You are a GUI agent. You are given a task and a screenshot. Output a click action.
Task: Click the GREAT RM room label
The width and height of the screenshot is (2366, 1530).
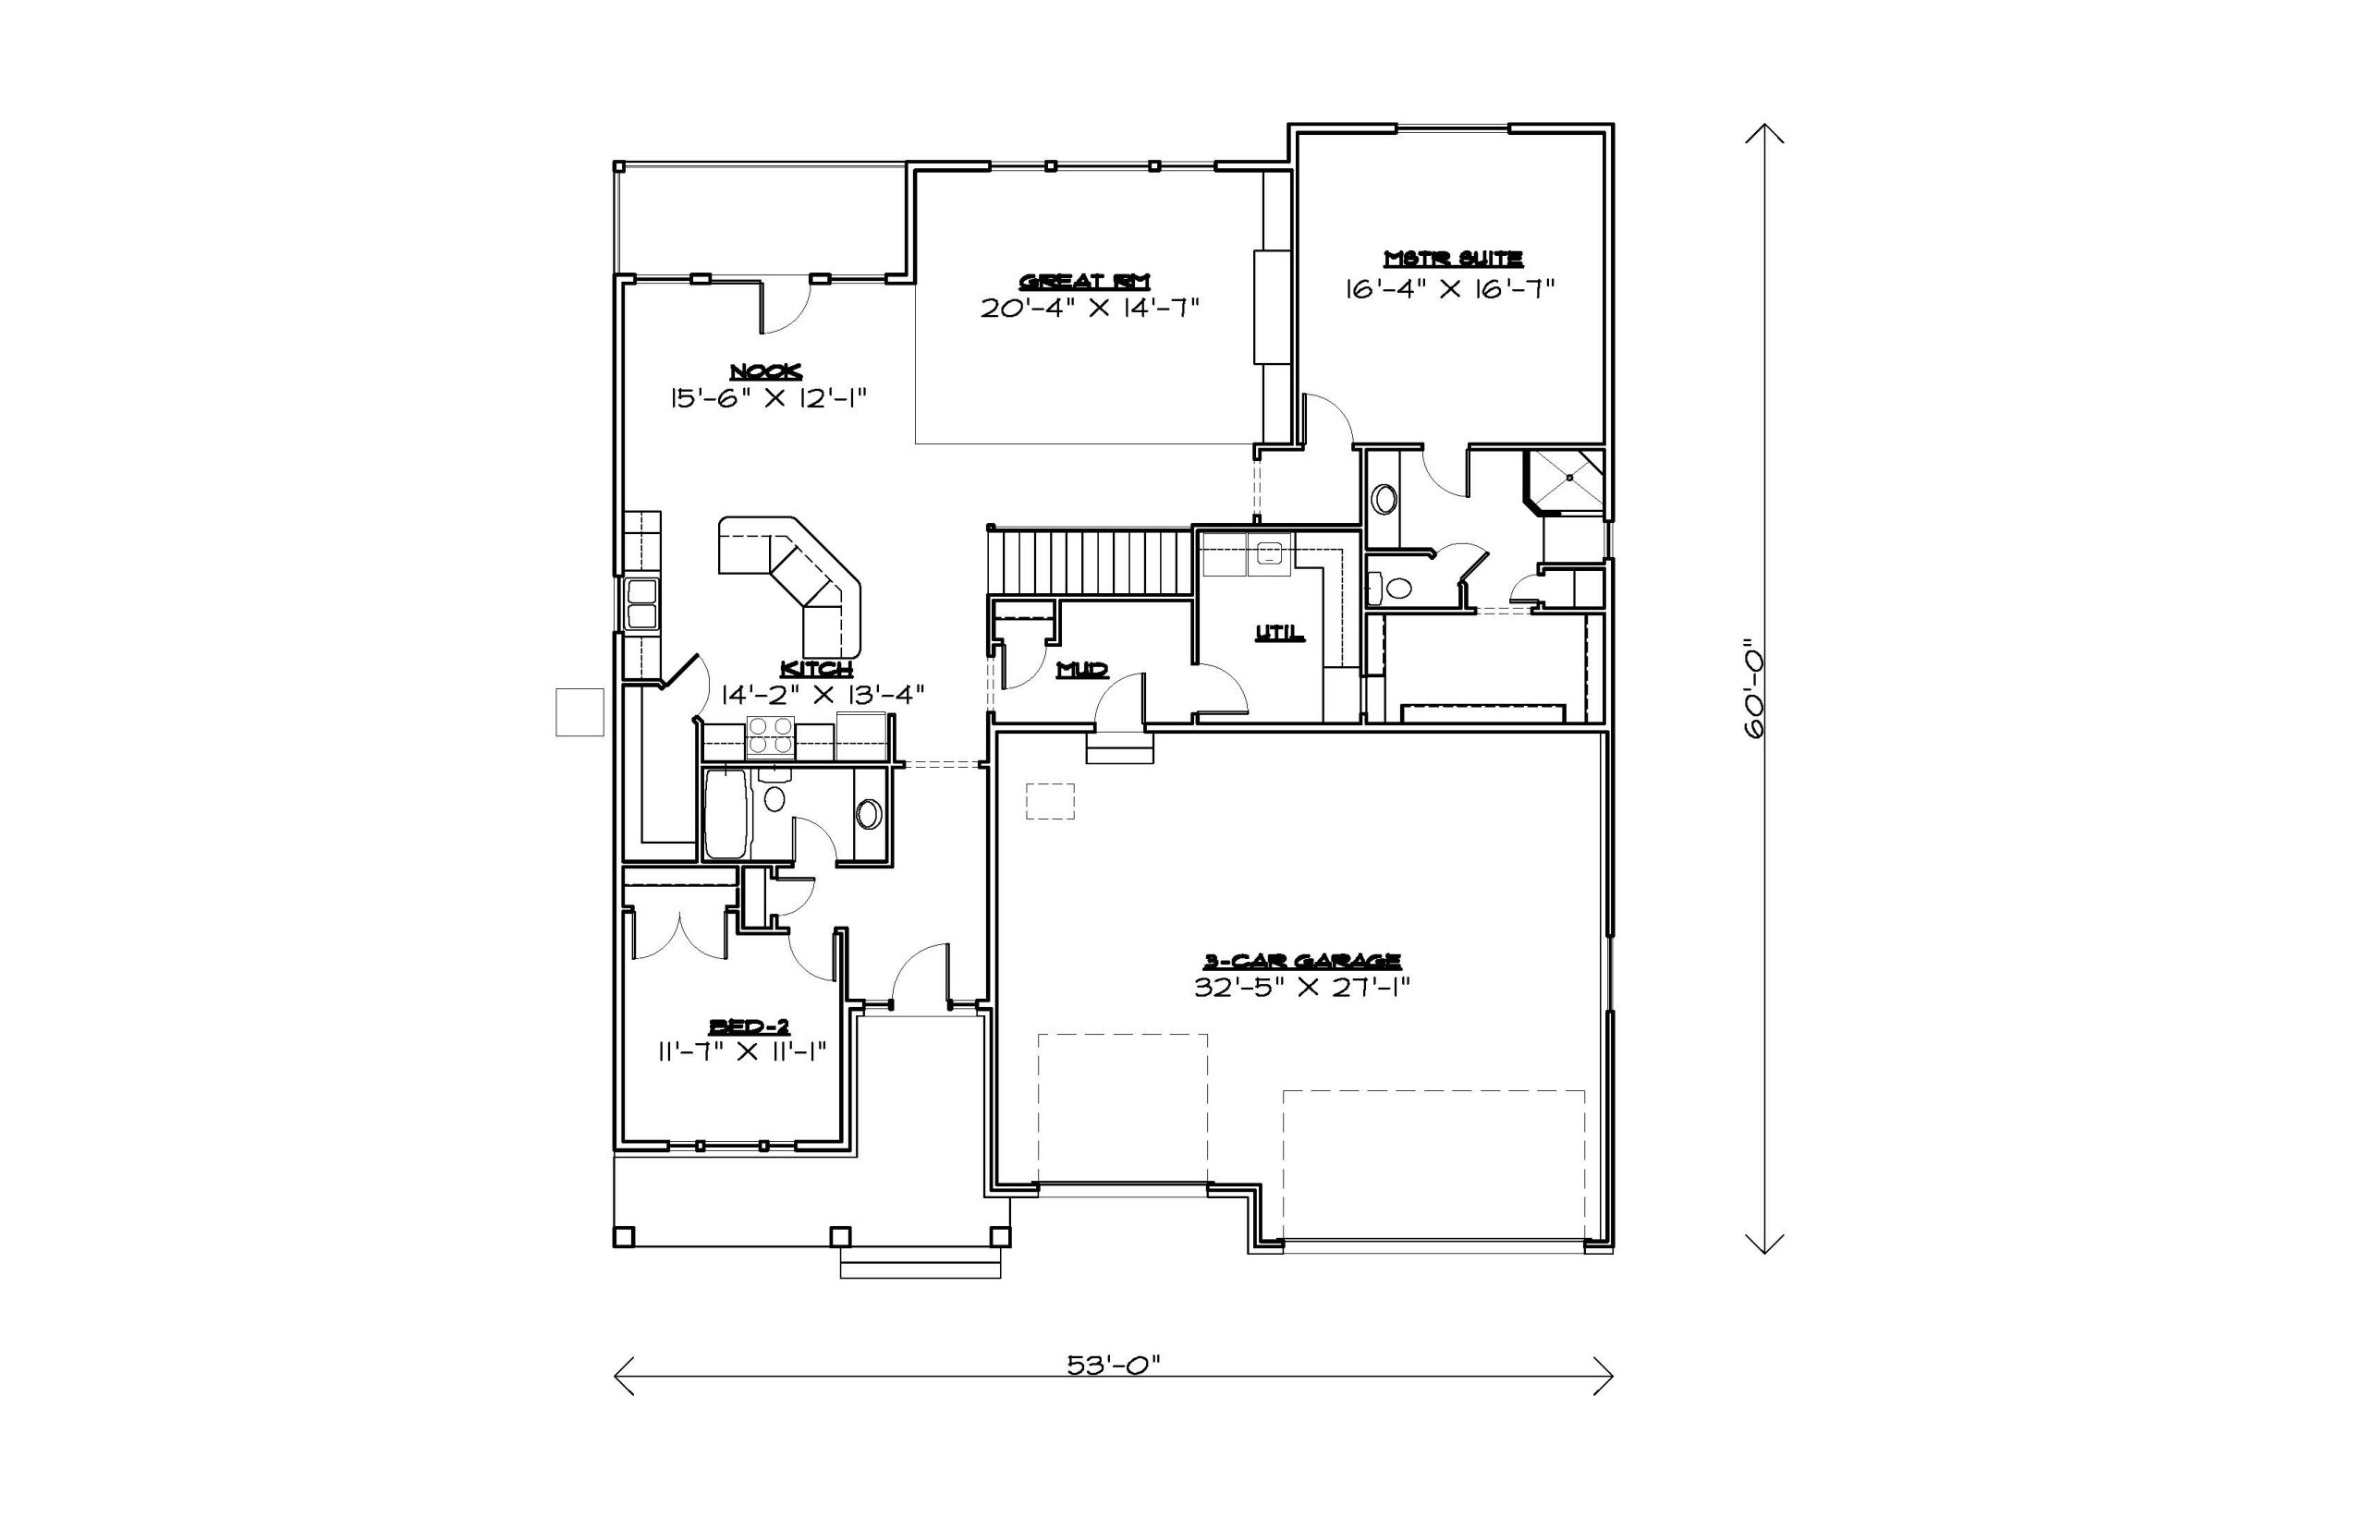point(1084,281)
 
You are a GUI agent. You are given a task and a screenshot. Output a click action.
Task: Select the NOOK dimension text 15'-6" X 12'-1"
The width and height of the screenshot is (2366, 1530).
point(769,398)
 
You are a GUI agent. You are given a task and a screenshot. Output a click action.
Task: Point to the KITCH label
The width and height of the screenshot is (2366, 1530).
point(816,669)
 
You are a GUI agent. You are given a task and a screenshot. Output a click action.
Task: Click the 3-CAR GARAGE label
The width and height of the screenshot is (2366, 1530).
point(1303,961)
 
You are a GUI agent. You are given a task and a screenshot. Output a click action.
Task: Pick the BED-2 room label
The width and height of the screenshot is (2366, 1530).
point(750,1026)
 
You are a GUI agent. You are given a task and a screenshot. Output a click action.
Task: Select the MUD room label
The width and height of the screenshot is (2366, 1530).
point(1082,670)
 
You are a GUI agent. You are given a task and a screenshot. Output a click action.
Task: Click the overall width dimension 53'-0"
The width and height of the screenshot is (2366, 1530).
point(1114,1364)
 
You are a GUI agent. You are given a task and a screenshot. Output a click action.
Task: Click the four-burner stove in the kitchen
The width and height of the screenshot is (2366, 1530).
point(770,737)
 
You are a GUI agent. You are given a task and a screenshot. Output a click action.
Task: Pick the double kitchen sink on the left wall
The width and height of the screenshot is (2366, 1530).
point(642,603)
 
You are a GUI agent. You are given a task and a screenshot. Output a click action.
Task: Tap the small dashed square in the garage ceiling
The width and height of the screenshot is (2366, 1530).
point(1050,801)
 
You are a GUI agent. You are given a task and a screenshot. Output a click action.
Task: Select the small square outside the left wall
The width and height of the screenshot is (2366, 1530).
point(579,711)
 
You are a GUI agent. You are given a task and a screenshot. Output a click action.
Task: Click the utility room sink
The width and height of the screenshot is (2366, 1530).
point(1269,555)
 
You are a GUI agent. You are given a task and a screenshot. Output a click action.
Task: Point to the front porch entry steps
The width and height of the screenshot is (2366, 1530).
point(921,1262)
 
